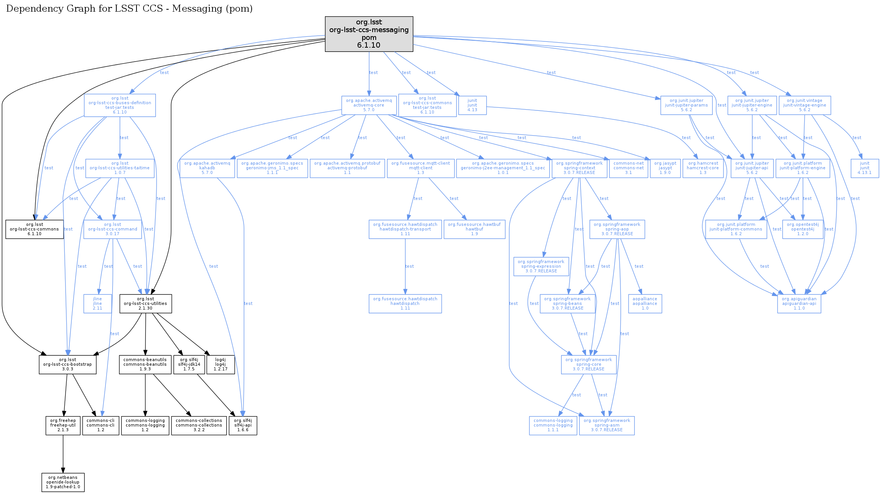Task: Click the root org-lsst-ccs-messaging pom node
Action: pos(369,34)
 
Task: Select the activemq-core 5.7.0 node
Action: pos(369,105)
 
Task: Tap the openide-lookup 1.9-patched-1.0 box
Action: pos(63,482)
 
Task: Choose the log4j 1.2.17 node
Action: pos(220,364)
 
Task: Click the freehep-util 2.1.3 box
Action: pos(63,425)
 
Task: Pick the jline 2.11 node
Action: pos(97,303)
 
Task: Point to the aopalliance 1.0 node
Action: pos(645,303)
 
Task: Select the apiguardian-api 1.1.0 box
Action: pos(799,303)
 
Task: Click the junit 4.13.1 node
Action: pos(864,168)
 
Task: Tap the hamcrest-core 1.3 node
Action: pos(703,168)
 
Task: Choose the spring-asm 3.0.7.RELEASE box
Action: pos(606,425)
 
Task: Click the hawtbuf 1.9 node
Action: pos(474,229)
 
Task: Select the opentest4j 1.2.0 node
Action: pos(803,229)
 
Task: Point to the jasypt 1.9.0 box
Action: pos(665,168)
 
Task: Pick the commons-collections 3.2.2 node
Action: pos(199,425)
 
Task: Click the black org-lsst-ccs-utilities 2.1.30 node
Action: pos(145,303)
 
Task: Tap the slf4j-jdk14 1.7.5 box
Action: pos(189,364)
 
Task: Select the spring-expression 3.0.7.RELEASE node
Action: pos(541,266)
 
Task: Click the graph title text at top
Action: pos(130,9)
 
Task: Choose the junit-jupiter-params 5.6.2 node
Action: pos(686,105)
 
